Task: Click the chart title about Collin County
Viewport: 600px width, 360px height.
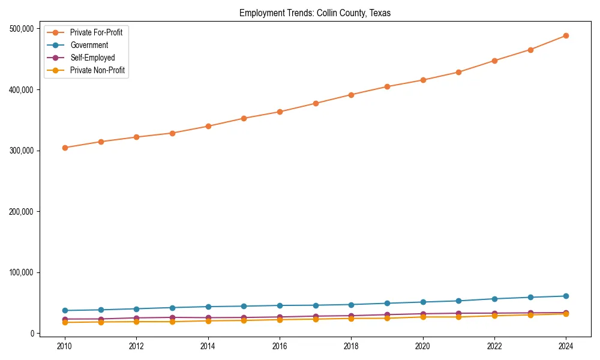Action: click(315, 13)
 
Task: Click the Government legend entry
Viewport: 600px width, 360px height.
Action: click(89, 45)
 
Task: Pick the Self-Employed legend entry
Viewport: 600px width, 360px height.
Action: click(92, 58)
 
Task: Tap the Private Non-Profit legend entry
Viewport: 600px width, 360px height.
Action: click(97, 70)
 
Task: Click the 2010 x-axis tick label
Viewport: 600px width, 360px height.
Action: click(65, 346)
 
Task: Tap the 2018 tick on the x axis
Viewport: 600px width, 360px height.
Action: click(351, 346)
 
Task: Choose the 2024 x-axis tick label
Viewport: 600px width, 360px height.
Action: click(566, 346)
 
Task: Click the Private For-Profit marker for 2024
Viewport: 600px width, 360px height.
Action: click(566, 36)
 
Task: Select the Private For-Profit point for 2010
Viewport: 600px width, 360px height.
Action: click(65, 148)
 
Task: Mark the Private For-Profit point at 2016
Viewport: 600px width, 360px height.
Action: click(280, 112)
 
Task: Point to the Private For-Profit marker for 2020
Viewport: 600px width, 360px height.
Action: click(423, 80)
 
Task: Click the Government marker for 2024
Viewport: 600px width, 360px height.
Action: click(566, 296)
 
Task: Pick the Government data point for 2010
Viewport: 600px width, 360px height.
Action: click(65, 311)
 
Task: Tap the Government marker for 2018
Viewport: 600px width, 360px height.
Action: click(351, 305)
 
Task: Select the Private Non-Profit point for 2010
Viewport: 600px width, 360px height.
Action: click(65, 322)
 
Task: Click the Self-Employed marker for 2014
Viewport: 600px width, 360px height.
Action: click(208, 318)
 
